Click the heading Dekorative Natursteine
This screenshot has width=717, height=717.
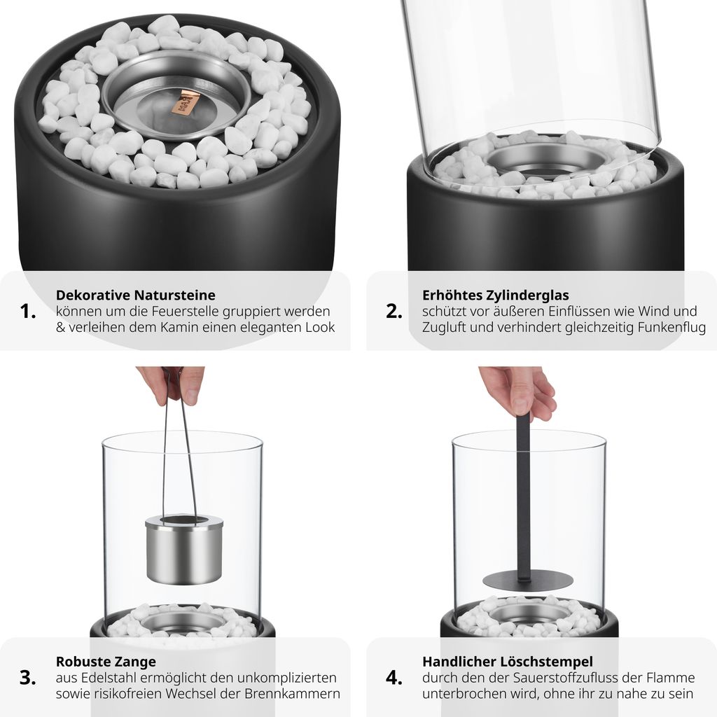135,295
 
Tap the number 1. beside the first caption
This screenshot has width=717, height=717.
28,312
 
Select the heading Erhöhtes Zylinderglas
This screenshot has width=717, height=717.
496,295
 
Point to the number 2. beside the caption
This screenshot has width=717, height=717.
394,312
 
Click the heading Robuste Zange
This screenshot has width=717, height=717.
106,662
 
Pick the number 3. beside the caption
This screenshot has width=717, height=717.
28,678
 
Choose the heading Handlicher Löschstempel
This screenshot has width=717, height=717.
508,662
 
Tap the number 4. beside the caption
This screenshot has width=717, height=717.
394,678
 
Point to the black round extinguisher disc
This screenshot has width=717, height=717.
528,580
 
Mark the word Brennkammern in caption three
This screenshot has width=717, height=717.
292,694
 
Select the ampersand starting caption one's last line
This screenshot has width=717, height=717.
61,328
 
